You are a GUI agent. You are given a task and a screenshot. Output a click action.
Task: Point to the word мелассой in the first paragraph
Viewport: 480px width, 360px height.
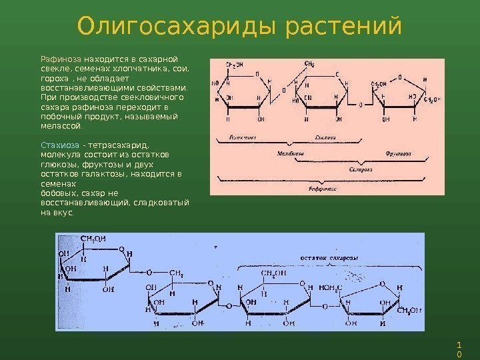pos(63,125)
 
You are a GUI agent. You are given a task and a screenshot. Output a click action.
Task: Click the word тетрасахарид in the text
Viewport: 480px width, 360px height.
pos(121,144)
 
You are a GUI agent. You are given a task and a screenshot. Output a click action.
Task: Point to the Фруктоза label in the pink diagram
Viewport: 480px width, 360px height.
pos(397,153)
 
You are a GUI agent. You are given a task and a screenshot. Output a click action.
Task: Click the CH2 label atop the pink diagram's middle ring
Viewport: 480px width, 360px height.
pos(310,64)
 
